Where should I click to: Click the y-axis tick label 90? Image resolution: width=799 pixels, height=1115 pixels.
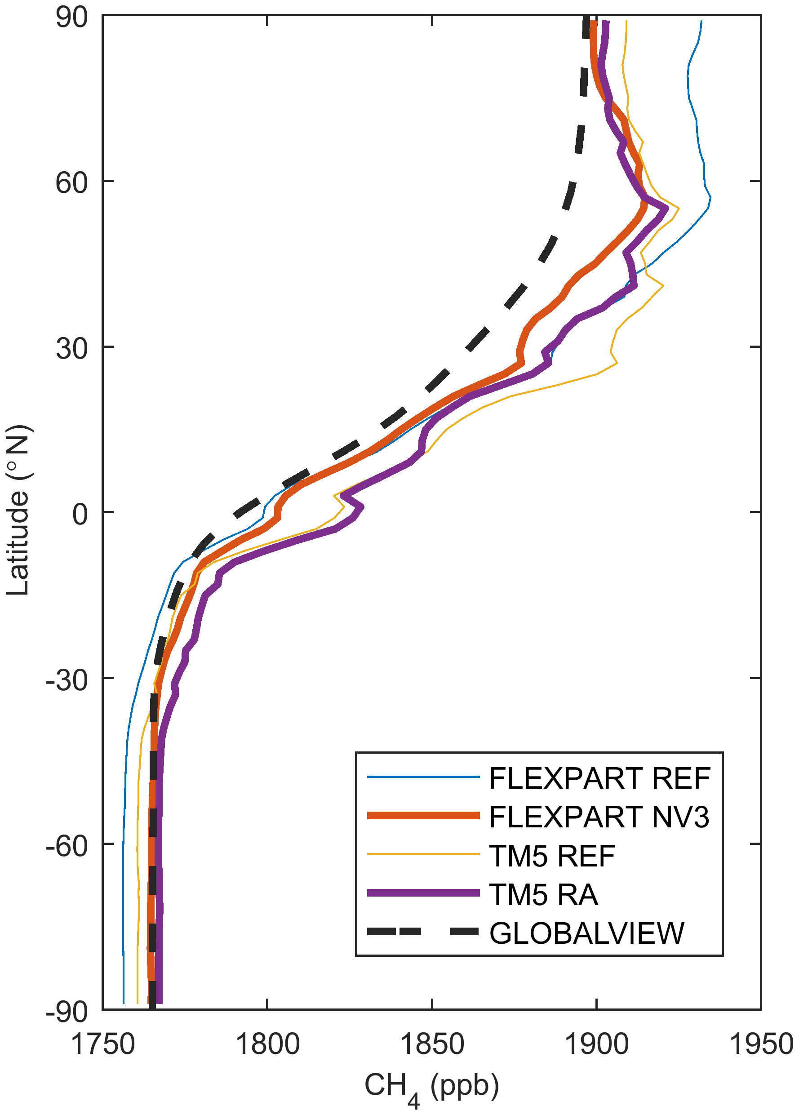pyautogui.click(x=72, y=19)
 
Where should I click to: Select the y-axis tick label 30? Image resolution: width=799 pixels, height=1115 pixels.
pyautogui.click(x=72, y=349)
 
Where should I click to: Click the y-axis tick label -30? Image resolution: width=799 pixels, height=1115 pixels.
pyautogui.click(x=67, y=681)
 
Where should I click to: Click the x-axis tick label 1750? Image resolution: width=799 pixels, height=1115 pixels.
pyautogui.click(x=103, y=1043)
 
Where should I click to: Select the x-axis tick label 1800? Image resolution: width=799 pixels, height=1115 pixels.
pyautogui.click(x=267, y=1043)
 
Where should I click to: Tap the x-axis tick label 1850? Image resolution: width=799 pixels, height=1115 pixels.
pyautogui.click(x=432, y=1043)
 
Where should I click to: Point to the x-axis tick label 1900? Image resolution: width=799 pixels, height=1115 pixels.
pyautogui.click(x=597, y=1043)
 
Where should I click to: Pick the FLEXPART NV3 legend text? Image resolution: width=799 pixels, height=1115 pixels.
pyautogui.click(x=599, y=817)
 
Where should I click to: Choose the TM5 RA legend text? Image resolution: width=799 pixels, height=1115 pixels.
pyautogui.click(x=544, y=895)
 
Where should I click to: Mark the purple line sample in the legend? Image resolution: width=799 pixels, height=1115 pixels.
pyautogui.click(x=423, y=893)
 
